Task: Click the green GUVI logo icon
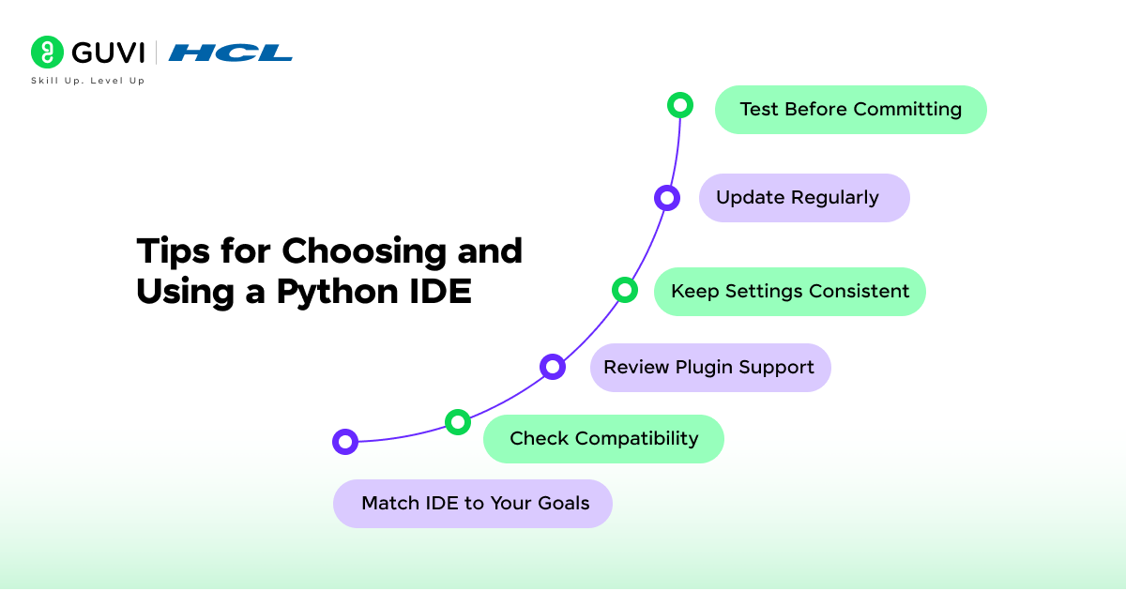pos(47,53)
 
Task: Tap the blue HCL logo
pos(230,53)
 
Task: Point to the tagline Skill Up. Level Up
pos(88,82)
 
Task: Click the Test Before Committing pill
pos(850,110)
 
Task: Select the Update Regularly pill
pos(804,198)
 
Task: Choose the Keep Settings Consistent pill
pos(789,292)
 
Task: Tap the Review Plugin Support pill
pos(709,368)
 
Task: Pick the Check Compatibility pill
pos(603,439)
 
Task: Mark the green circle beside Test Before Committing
pos(680,105)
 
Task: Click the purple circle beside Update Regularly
pos(667,198)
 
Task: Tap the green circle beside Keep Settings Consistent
pos(625,290)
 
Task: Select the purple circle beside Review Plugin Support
pos(553,367)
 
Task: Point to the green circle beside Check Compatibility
pos(457,422)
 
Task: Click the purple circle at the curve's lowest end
pos(345,442)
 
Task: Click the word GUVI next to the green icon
pos(107,53)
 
